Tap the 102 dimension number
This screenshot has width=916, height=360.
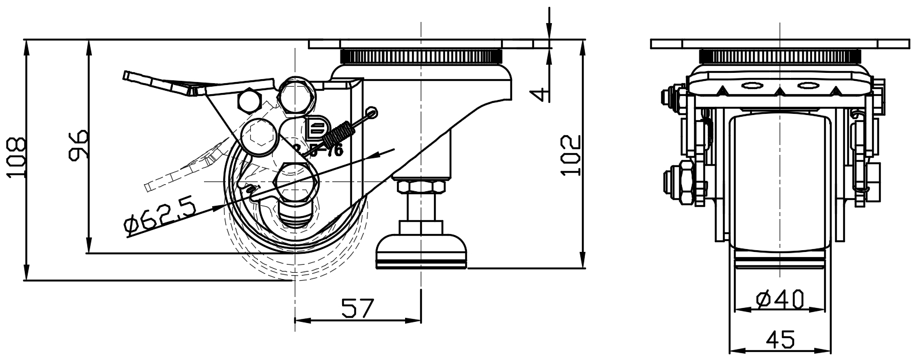(x=570, y=154)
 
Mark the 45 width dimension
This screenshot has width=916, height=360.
(x=780, y=339)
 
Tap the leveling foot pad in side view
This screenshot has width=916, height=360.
(x=421, y=255)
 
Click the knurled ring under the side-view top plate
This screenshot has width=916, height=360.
(x=421, y=57)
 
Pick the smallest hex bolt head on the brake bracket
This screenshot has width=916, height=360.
(x=249, y=102)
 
